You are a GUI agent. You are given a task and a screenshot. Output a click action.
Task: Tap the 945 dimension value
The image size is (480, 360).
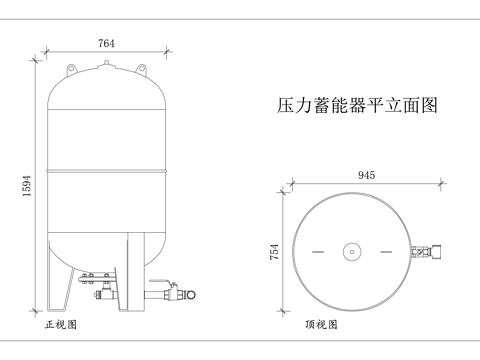coord(366,175)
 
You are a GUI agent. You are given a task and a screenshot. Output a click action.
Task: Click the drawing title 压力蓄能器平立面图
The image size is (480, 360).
coord(357,105)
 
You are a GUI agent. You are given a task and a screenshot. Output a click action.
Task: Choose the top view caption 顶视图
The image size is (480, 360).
coord(321,325)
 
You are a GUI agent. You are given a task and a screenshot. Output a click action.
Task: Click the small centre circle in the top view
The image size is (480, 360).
coord(352,252)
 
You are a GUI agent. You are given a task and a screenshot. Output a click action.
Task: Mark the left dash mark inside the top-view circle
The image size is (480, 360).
coord(318,252)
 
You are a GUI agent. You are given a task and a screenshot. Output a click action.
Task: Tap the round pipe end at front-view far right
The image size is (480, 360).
coord(185,296)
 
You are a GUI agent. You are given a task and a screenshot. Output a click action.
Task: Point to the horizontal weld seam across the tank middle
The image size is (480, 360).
coord(105,170)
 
